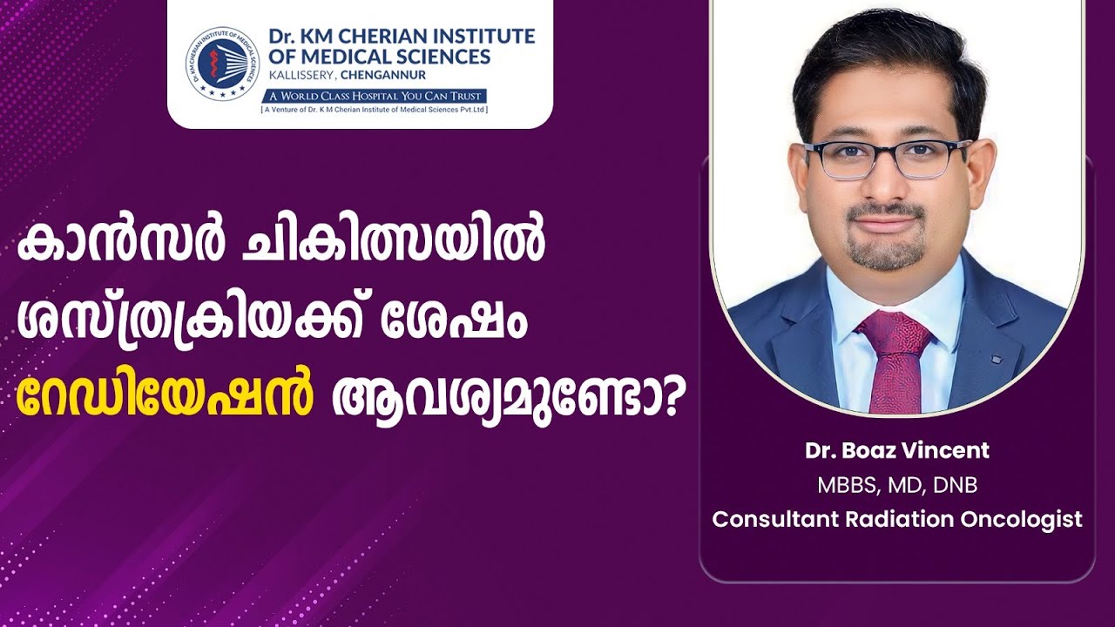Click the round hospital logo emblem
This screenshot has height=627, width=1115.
pos(224,62)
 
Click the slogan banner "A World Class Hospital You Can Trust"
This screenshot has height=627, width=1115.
pos(375,96)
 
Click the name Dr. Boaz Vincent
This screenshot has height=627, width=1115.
pos(897,451)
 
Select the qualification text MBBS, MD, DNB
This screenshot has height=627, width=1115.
pos(897,485)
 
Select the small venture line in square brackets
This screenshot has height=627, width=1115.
pos(375,110)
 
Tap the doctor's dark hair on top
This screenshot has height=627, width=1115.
pos(886,55)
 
